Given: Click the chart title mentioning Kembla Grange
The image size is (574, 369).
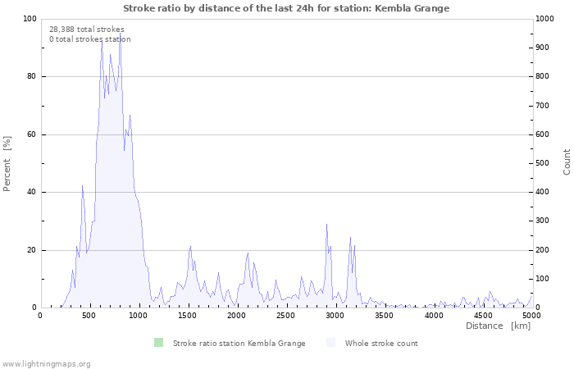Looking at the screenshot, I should click(x=286, y=8).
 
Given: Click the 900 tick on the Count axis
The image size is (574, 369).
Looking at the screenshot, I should click(x=543, y=48).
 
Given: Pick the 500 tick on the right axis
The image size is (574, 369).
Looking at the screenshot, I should click(x=543, y=163).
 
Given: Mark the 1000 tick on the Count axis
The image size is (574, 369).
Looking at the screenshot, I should click(x=545, y=19).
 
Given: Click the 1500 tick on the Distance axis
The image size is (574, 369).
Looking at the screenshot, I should click(x=188, y=316).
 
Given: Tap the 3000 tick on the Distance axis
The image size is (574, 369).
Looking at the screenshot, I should click(x=335, y=316).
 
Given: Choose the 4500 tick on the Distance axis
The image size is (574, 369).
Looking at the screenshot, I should click(x=483, y=316).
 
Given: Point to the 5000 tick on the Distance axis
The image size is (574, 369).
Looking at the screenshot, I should click(x=531, y=316).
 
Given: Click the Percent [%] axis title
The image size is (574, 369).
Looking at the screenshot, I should click(x=7, y=163).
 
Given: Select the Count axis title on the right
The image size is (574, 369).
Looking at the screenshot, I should click(x=567, y=162).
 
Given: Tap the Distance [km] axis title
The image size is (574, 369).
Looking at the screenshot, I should click(x=498, y=326).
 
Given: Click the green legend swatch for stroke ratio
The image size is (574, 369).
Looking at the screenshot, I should click(x=157, y=343).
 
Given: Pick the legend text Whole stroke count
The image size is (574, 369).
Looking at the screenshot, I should click(x=381, y=343).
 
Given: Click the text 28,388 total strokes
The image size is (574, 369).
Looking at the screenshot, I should click(x=87, y=29).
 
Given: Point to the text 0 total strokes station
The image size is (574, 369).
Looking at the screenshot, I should click(x=89, y=39).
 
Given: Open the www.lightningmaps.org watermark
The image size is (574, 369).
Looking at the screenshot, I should click(x=46, y=363).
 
